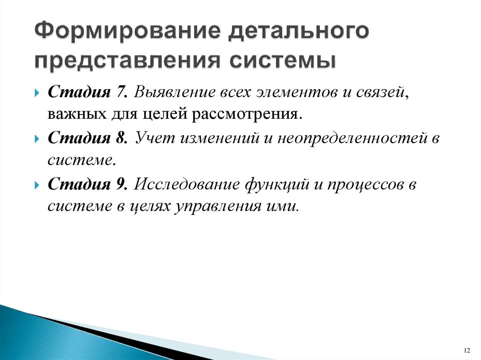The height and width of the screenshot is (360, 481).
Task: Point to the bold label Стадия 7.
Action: click(86, 92)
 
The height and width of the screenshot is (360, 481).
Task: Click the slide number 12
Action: click(466, 351)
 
